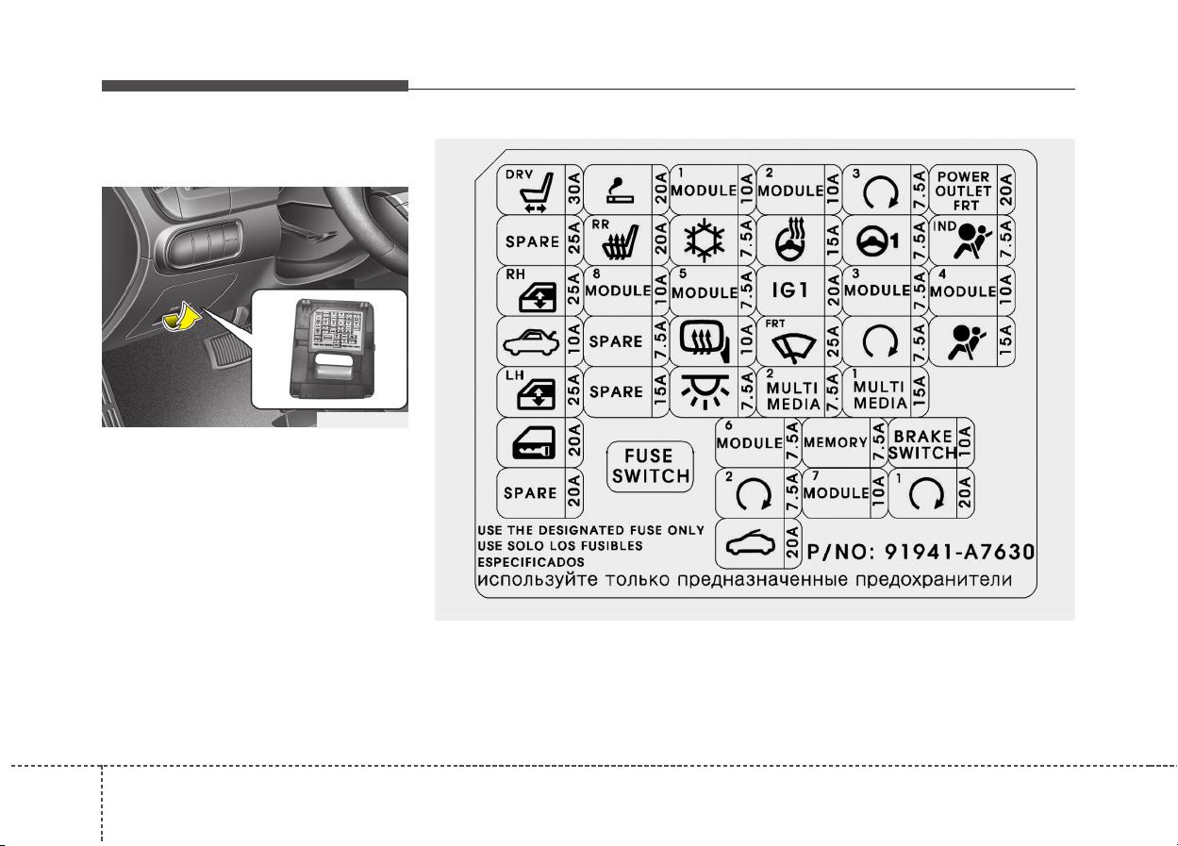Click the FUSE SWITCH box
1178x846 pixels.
click(x=650, y=466)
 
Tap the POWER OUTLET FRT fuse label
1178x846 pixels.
click(x=963, y=191)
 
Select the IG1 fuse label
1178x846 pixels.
click(x=789, y=290)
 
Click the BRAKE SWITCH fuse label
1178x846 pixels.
click(x=922, y=444)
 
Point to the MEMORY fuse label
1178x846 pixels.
click(x=836, y=442)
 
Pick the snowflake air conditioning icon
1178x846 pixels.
click(x=705, y=241)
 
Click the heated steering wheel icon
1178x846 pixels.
click(x=792, y=240)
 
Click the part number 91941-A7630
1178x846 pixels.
click(x=959, y=552)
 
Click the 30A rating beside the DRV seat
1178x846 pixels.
click(x=574, y=188)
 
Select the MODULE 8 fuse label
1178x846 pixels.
click(x=618, y=287)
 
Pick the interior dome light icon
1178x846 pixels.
click(x=705, y=391)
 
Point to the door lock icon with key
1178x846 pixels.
click(x=534, y=442)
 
